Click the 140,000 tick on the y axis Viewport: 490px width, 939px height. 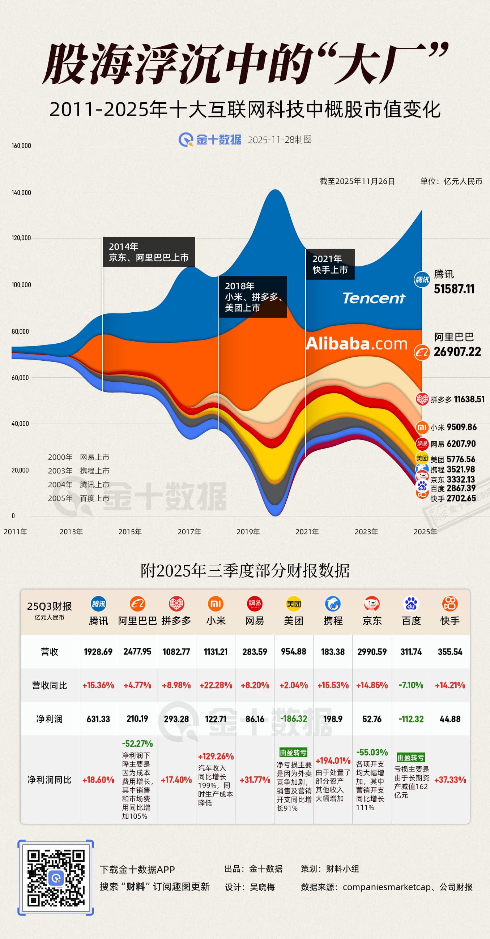21,193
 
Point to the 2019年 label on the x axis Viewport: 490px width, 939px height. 248,531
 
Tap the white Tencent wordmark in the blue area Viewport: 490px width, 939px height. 374,298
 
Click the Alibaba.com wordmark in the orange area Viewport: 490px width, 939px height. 356,344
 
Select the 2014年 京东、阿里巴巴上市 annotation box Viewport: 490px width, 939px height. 149,252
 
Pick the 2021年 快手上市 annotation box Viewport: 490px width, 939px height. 330,264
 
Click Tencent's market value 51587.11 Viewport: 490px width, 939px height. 454,289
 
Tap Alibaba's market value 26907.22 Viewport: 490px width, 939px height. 457,352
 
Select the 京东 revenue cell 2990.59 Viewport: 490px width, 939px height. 372,652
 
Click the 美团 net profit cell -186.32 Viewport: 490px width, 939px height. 294,719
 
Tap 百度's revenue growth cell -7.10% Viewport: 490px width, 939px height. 411,685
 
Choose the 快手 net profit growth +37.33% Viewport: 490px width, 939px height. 450,780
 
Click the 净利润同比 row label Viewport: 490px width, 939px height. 49,780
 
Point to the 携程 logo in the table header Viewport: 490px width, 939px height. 332,604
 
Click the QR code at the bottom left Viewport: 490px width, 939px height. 56,878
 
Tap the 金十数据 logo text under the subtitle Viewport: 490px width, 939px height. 218,140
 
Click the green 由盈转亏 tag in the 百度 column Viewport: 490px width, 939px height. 410,758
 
